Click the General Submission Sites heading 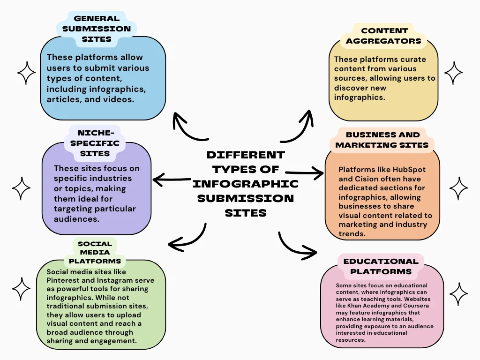[x=97, y=29]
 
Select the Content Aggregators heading [x=384, y=36]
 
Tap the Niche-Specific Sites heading [x=95, y=143]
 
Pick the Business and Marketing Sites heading [x=382, y=140]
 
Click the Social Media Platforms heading [x=95, y=252]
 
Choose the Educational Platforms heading [x=381, y=266]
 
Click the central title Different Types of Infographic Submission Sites [x=245, y=183]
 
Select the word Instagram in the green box [x=119, y=280]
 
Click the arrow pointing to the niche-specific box [x=172, y=179]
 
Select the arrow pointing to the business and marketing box [x=304, y=172]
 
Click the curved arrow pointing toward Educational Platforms [x=295, y=247]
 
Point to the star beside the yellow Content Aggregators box [x=453, y=74]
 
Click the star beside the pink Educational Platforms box [x=458, y=294]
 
